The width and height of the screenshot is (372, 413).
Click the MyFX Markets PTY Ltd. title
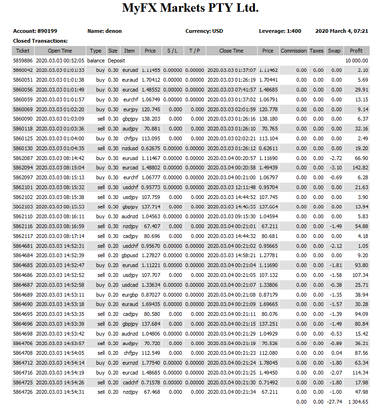coord(190,8)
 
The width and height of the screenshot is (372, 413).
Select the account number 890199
coord(47,31)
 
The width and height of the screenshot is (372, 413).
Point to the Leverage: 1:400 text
coord(280,31)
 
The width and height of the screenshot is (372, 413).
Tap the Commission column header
coord(293,51)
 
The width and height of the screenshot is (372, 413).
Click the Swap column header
coord(334,51)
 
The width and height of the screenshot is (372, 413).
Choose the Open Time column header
coord(60,51)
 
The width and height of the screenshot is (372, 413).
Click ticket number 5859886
coord(22,61)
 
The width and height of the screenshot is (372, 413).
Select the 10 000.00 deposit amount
coord(357,61)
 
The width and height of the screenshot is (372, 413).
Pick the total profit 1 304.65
coord(357,402)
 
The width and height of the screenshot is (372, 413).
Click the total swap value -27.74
coord(335,402)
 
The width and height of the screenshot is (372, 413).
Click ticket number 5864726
coord(22,392)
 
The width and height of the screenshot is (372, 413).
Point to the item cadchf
coord(129,382)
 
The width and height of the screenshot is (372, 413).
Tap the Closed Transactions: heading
coord(40,41)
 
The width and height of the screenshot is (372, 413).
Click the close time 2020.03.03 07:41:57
coord(231,90)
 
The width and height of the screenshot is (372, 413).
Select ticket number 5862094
coord(22,168)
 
